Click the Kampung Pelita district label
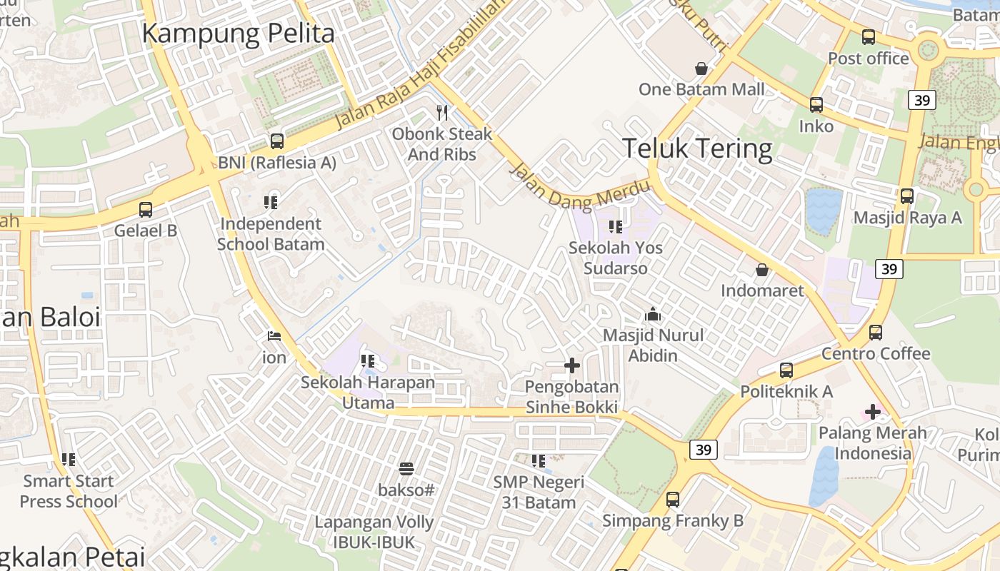[x=238, y=34]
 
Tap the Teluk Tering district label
[x=697, y=148]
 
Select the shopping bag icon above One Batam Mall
[x=701, y=69]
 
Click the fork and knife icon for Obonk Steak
[x=442, y=113]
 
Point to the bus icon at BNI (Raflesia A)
[x=276, y=141]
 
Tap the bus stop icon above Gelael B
[x=146, y=210]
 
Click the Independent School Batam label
[x=271, y=233]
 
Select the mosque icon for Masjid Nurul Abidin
[x=653, y=314]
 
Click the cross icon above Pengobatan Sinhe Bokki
[x=571, y=365]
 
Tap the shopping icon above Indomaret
[x=762, y=270]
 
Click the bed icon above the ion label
[x=274, y=336]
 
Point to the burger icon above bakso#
[x=406, y=469]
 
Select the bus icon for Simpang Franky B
[x=673, y=500]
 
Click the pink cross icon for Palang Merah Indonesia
[x=872, y=411]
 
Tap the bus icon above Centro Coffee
[x=876, y=332]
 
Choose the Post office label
[x=869, y=59]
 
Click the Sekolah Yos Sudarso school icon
[x=615, y=227]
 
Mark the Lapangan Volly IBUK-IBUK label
[x=374, y=532]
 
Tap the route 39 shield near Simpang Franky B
[x=704, y=450]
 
